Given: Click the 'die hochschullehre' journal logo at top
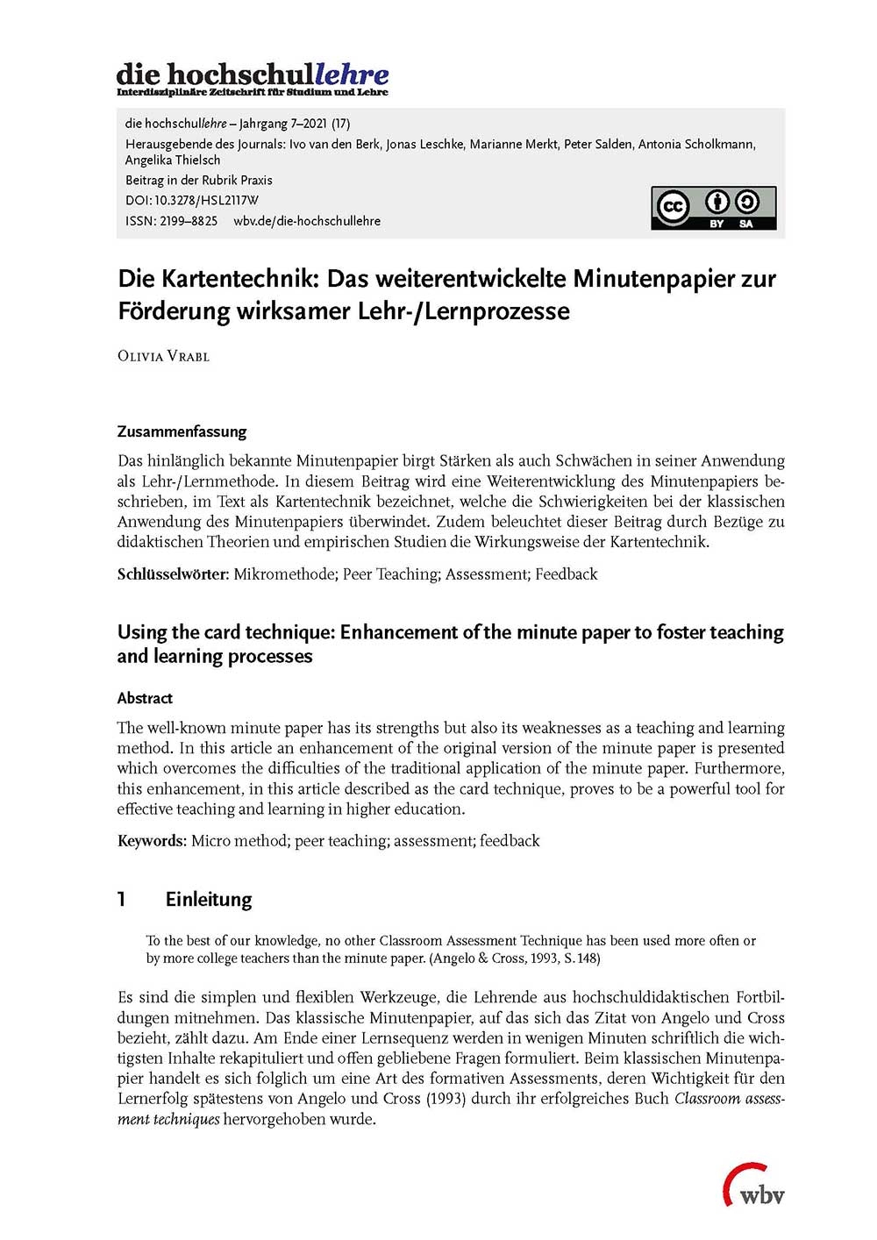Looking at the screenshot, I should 253,78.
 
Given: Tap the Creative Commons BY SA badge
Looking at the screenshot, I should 713,208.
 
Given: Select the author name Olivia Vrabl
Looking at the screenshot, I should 163,356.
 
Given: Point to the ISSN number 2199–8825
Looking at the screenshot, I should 188,221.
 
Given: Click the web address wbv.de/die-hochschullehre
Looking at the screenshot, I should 307,221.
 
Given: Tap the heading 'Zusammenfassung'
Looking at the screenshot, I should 182,431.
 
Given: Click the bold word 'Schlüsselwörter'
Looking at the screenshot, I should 172,574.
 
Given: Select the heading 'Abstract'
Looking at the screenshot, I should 145,698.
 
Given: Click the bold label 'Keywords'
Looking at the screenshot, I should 151,841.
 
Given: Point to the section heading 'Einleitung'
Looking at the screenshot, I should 208,899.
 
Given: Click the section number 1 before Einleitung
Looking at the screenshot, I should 122,899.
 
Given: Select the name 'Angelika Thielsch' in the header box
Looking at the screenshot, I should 173,160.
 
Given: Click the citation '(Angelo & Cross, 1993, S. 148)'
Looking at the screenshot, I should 514,959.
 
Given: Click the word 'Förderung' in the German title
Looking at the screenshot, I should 173,311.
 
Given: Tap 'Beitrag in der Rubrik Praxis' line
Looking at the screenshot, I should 199,180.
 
